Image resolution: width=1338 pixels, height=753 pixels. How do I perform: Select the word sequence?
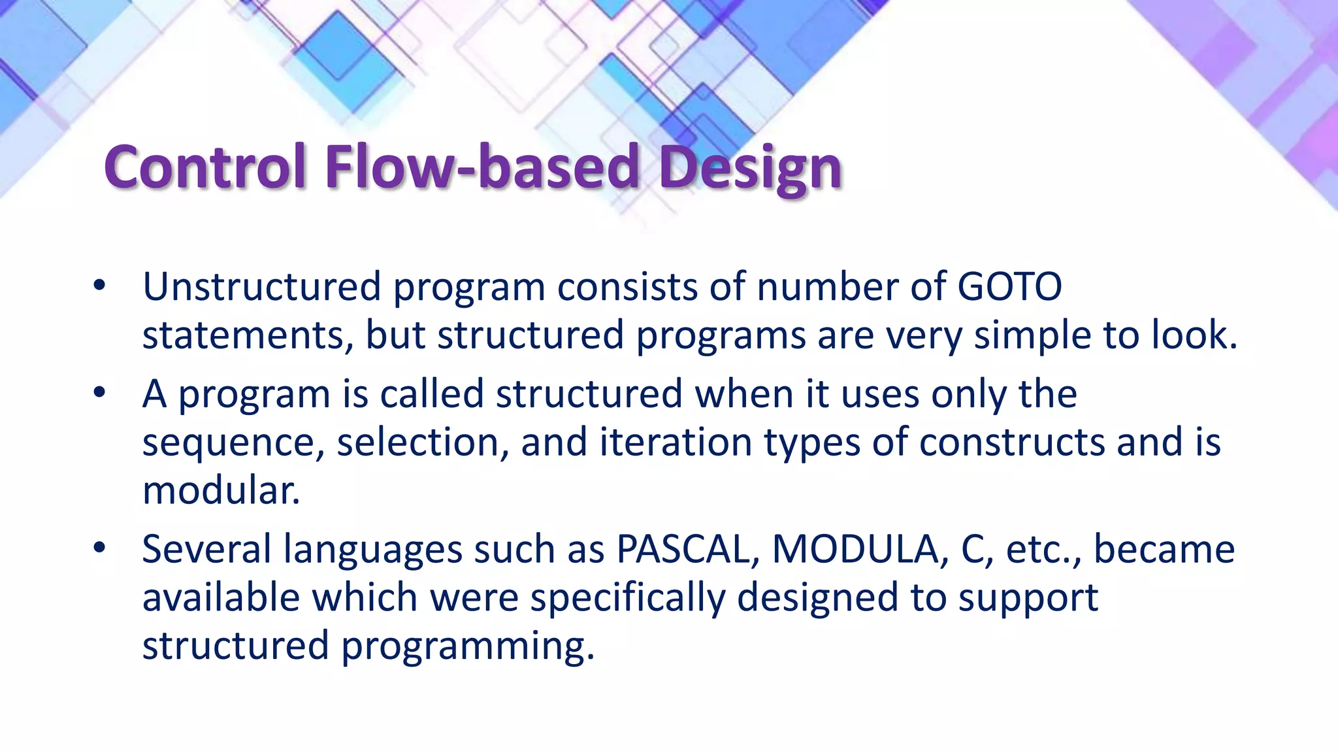tap(233, 443)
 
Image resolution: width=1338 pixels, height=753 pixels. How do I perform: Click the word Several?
tap(206, 549)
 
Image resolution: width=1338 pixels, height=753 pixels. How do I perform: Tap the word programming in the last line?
tap(467, 646)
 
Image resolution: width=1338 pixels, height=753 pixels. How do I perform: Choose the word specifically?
tap(627, 598)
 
